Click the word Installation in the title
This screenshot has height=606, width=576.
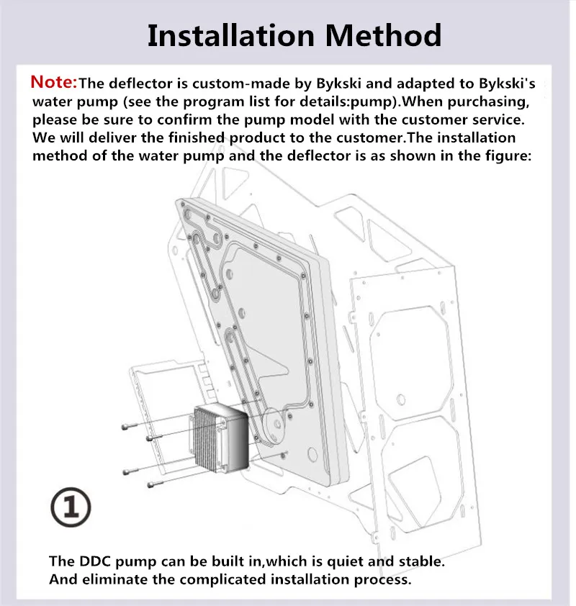point(231,35)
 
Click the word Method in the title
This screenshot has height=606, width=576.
point(383,35)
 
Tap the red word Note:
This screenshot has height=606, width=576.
point(54,82)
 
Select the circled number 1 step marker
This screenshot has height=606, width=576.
point(71,507)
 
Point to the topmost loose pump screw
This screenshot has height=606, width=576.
point(130,426)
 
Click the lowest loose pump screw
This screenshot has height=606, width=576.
point(156,484)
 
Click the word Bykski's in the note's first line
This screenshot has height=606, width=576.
point(507,83)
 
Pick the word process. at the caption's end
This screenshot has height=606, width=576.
point(383,579)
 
